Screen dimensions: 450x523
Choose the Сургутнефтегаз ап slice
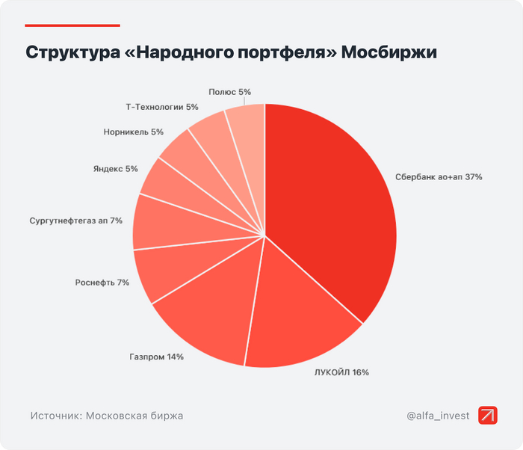tap(161, 223)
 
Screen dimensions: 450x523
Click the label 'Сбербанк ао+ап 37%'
tap(439, 177)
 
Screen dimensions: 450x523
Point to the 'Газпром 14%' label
tap(156, 357)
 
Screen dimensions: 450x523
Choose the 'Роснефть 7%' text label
tap(102, 283)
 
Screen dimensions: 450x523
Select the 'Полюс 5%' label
tap(230, 92)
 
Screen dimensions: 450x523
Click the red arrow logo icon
tap(488, 416)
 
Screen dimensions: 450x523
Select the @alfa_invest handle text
tap(438, 416)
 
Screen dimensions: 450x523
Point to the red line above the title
tap(72, 25)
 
